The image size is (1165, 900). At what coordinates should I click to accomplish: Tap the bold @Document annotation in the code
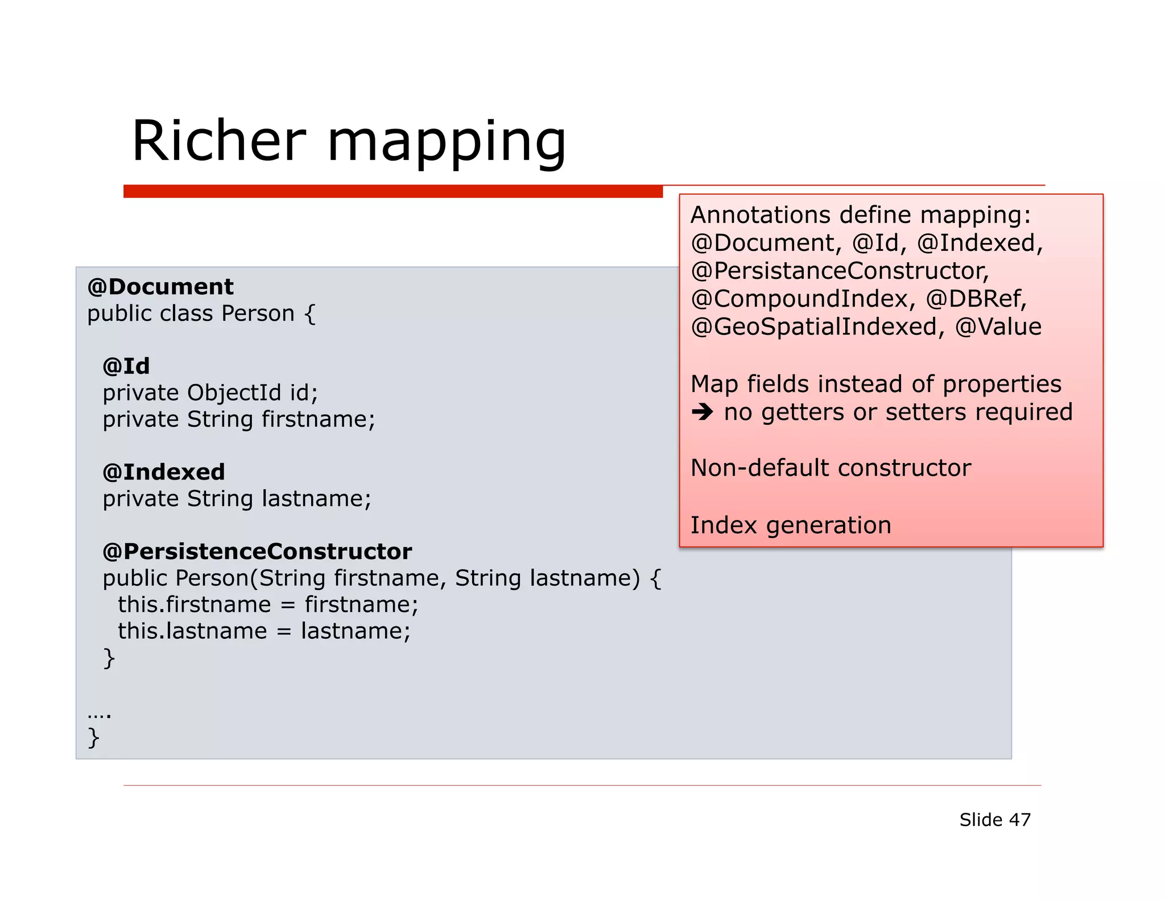[160, 287]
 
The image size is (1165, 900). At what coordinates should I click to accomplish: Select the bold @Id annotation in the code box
[126, 366]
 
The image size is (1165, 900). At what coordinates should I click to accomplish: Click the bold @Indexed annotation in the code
[164, 472]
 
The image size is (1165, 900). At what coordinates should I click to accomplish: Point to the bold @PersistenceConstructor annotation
[257, 551]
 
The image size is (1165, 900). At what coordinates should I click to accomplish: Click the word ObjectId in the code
[234, 393]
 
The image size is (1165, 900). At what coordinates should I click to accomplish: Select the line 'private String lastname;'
[237, 499]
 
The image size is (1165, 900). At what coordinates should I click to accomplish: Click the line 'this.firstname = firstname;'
[267, 605]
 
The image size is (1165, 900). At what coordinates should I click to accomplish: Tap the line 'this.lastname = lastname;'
[264, 631]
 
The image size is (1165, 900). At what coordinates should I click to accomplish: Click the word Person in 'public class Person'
[258, 313]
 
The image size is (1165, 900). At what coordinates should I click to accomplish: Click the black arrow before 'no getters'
[703, 412]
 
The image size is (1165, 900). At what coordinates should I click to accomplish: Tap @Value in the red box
[998, 327]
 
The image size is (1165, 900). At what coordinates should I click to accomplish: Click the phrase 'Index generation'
[791, 525]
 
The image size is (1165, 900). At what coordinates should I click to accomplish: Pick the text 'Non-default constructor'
[831, 468]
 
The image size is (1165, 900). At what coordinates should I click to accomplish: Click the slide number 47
[1019, 820]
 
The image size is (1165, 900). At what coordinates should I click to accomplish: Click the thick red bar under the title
[393, 192]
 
